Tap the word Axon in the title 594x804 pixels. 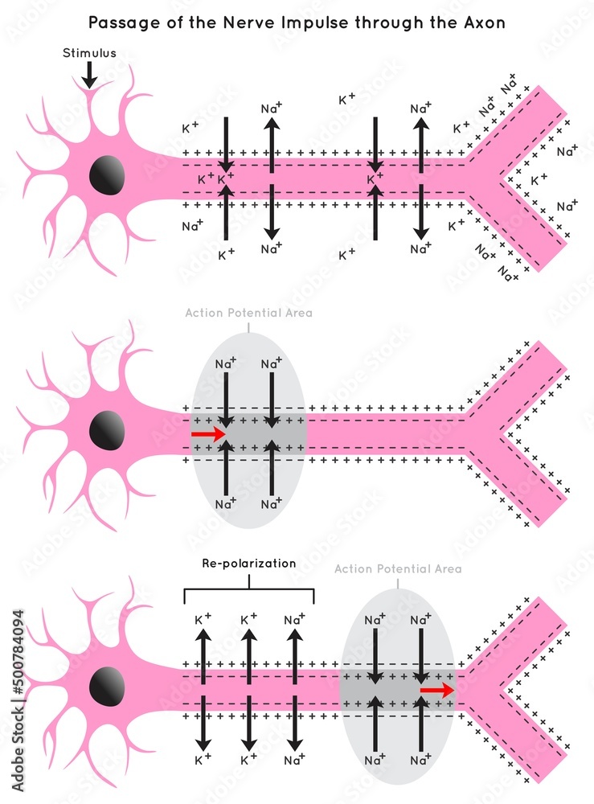(x=484, y=23)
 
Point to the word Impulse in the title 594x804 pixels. (x=304, y=23)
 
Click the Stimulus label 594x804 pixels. (x=89, y=54)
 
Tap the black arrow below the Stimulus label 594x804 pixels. (x=89, y=76)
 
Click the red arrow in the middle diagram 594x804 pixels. (x=209, y=433)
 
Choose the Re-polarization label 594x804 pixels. (x=248, y=564)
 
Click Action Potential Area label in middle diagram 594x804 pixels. (x=248, y=313)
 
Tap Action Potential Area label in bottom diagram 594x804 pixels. (x=398, y=568)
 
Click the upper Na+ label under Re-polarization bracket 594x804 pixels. (x=295, y=620)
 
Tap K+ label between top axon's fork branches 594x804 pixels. (x=539, y=178)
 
